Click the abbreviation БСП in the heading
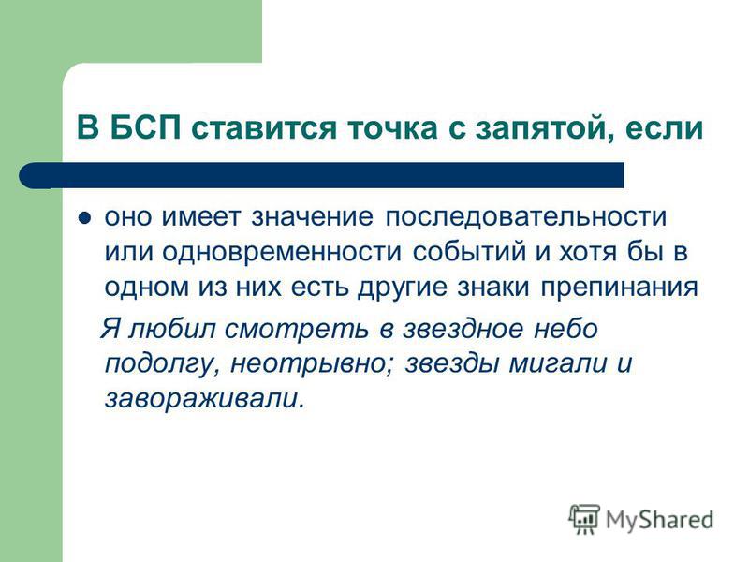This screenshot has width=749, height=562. click(146, 127)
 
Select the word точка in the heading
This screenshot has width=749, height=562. click(391, 129)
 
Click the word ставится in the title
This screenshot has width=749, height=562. click(264, 129)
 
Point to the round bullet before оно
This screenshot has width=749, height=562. click(85, 218)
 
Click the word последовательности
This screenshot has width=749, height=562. click(525, 217)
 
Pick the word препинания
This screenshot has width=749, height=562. click(620, 288)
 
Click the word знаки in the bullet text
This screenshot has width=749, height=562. click(493, 287)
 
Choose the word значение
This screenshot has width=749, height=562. click(313, 217)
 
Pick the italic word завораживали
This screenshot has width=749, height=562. click(204, 399)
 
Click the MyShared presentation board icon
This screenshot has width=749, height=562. click(583, 519)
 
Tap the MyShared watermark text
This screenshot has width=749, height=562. click(660, 520)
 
